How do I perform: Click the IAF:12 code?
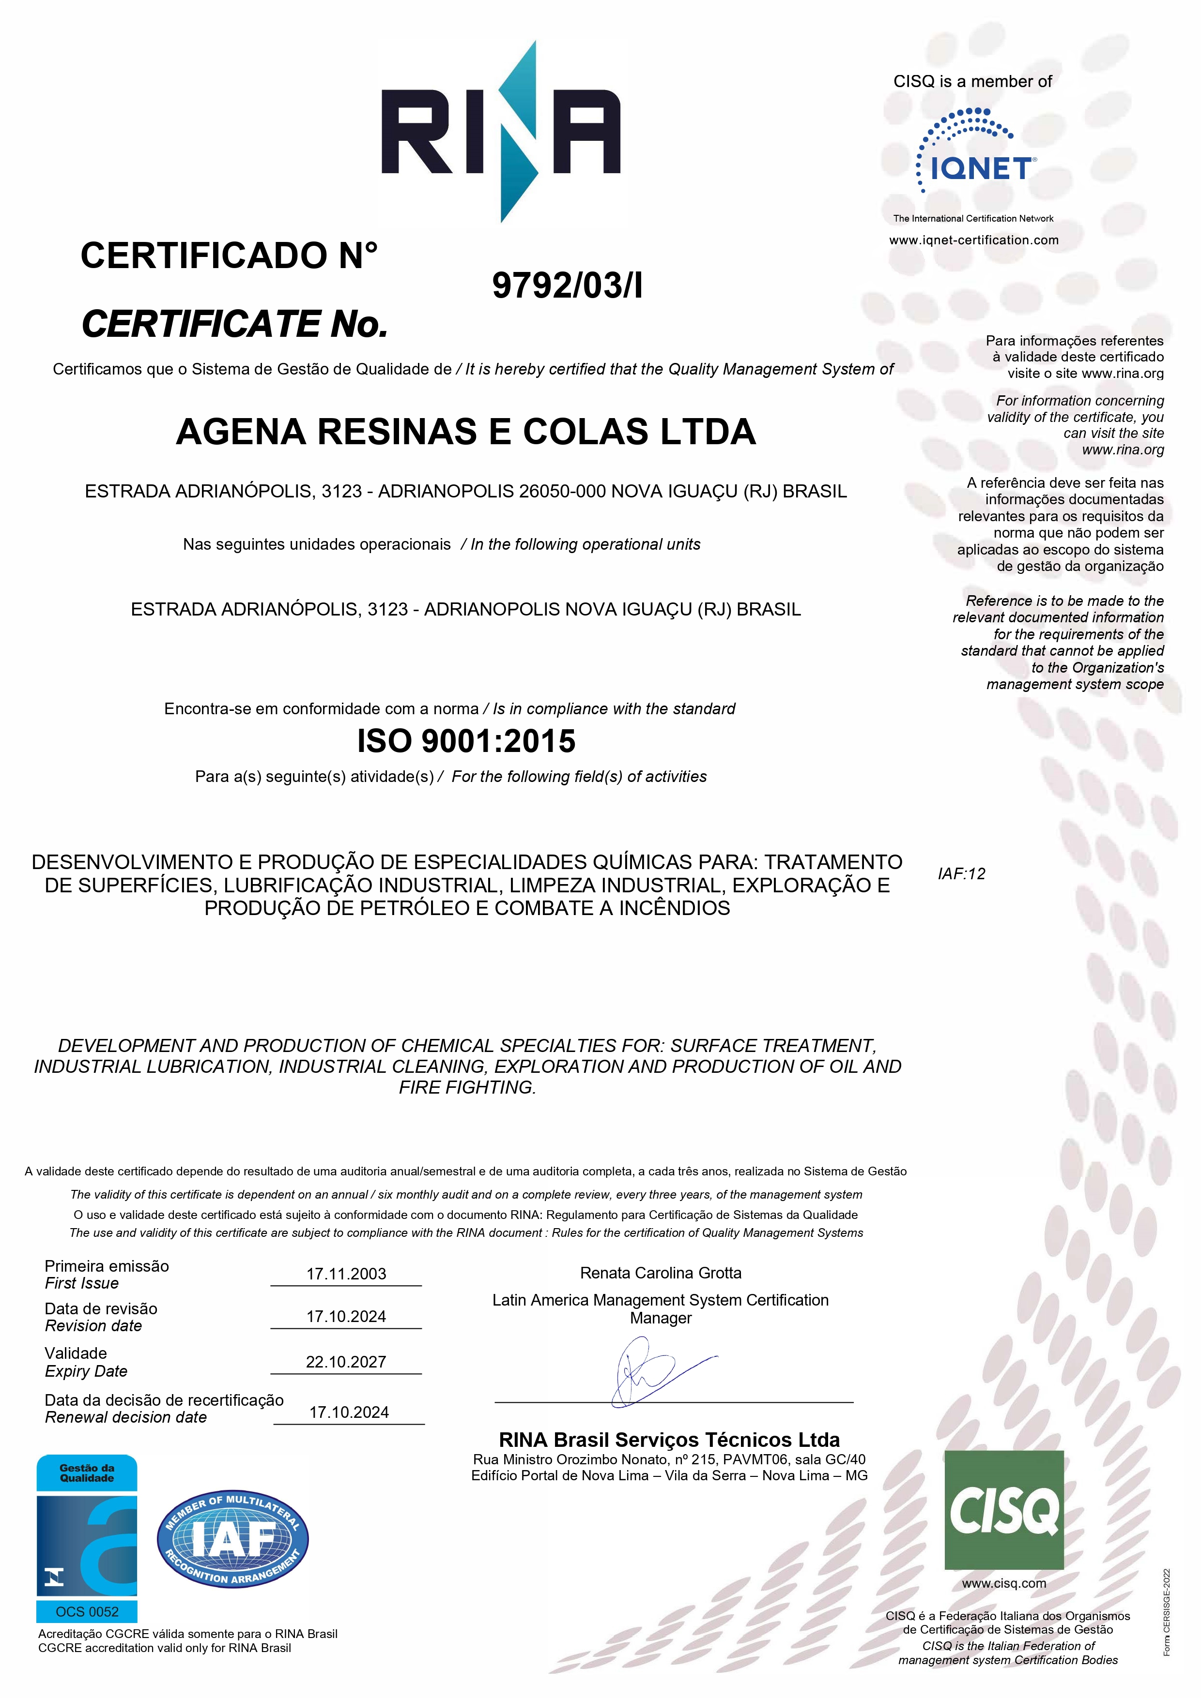click(x=961, y=873)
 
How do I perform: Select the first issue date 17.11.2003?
click(x=346, y=1274)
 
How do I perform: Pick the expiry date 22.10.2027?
click(x=346, y=1362)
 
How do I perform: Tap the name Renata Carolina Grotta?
click(x=660, y=1273)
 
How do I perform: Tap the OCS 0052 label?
click(x=87, y=1611)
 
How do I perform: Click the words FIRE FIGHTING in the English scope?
click(x=466, y=1087)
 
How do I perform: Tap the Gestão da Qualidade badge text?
click(x=87, y=1473)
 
